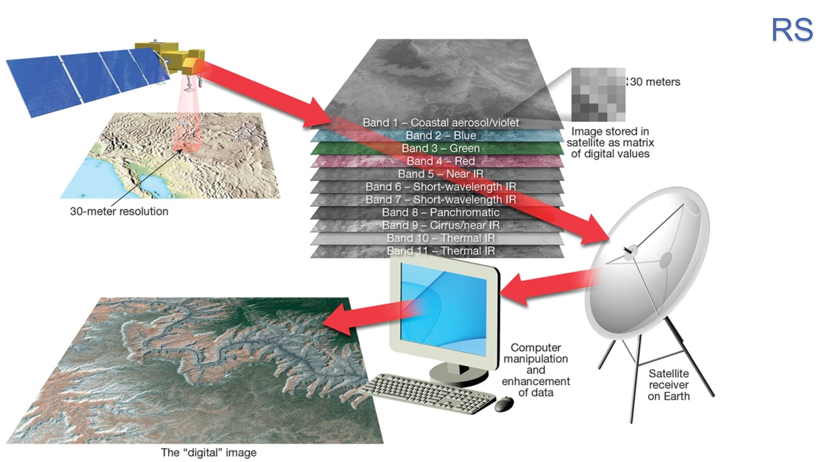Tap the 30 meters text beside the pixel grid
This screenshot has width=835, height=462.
coord(655,82)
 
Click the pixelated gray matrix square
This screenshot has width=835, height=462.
coord(598,94)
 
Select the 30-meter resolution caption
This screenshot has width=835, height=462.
coord(119,211)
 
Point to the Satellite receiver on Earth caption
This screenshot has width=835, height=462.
coord(668,385)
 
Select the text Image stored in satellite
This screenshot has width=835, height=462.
coord(610,142)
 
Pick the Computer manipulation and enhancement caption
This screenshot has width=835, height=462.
coord(535,370)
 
